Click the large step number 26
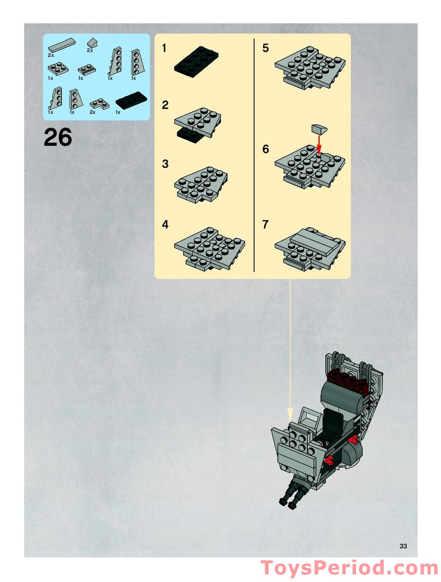coord(58,137)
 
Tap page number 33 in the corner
coord(403,546)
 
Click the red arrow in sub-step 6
coord(319,144)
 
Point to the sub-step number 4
coord(165,224)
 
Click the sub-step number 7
coord(265,224)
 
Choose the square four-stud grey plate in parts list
coord(58,68)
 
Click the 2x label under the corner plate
coord(92,112)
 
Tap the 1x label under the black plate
coord(118,112)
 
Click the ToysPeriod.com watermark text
coord(349,568)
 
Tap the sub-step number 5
coord(265,48)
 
